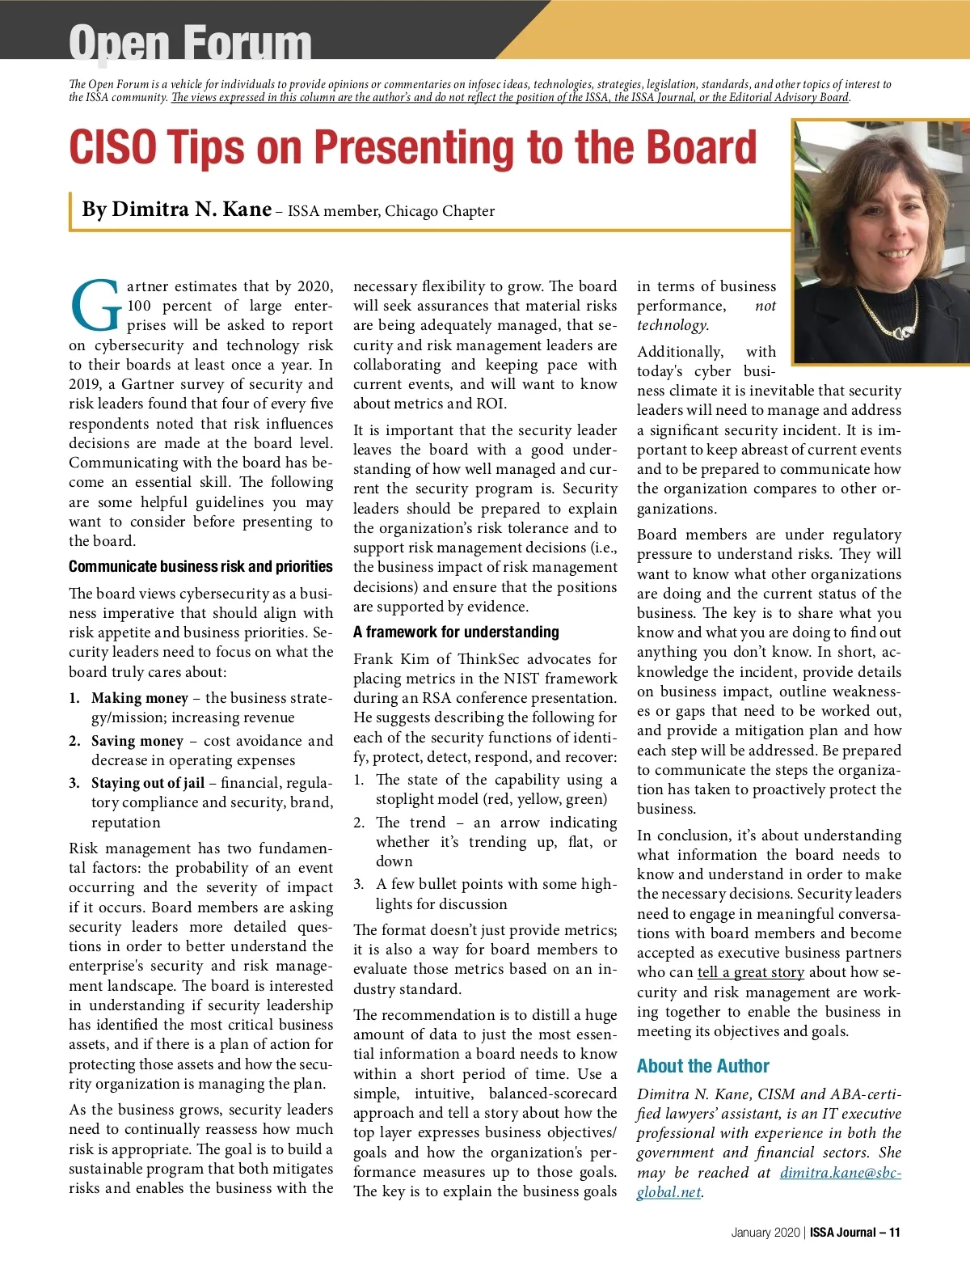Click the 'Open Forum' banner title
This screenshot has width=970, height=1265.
coord(190,42)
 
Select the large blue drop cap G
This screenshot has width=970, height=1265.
coord(96,307)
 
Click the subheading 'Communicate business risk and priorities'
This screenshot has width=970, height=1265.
coord(200,566)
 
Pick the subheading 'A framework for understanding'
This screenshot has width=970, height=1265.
coord(456,632)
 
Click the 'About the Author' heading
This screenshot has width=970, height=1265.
coord(702,1065)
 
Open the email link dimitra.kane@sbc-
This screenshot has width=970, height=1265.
coord(840,1172)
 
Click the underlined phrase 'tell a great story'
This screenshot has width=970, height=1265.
coord(750,972)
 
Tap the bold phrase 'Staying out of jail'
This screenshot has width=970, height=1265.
coord(148,782)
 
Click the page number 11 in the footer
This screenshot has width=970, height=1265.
coord(894,1233)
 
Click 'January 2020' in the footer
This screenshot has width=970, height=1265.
coord(765,1233)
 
